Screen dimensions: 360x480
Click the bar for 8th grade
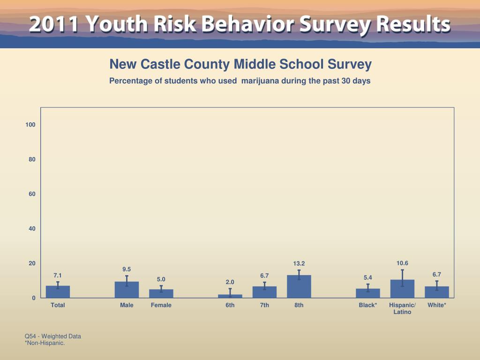point(299,286)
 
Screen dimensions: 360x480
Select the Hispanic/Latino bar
point(402,289)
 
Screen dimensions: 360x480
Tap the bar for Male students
point(127,290)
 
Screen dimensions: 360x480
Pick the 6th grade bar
point(230,296)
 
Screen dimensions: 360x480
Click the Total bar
point(58,292)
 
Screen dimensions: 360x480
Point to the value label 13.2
point(299,263)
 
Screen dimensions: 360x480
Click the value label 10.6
point(402,263)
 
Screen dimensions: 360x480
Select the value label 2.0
point(230,282)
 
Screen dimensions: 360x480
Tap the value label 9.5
point(127,269)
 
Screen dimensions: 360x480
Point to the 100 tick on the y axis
point(30,125)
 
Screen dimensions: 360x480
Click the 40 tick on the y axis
point(32,229)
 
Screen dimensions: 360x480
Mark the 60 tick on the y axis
point(32,194)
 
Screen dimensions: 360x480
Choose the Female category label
point(161,305)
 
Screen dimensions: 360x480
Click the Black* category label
point(368,305)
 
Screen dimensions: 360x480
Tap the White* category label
point(437,305)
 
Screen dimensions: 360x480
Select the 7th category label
point(264,305)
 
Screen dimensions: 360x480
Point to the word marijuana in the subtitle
point(260,81)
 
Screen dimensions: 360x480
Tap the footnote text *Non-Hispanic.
point(45,343)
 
